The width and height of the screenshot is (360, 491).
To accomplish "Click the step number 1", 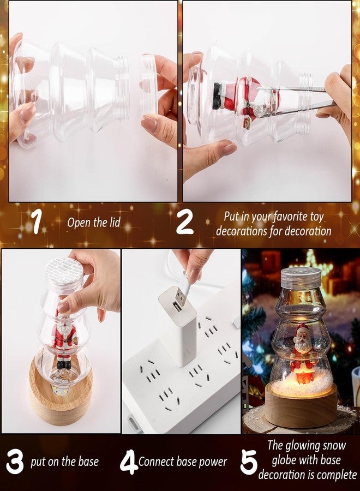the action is (37, 221).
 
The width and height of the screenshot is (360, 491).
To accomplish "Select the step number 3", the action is (15, 461).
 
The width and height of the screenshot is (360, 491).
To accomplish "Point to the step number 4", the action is (128, 462).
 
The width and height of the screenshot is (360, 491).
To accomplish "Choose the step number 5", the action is (249, 462).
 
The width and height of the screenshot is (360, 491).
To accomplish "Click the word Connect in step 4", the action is (156, 462).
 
